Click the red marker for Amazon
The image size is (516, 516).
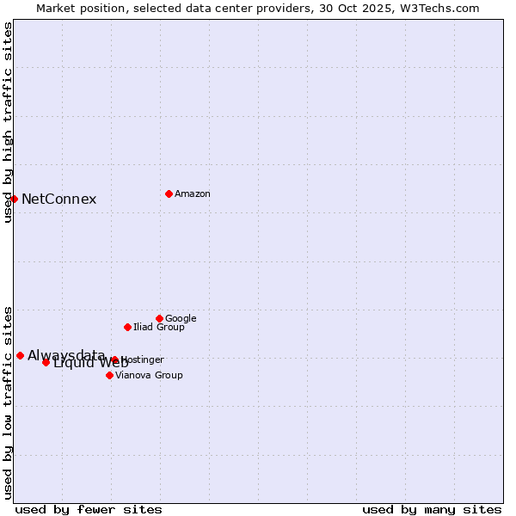[169, 193]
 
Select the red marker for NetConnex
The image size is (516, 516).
[14, 199]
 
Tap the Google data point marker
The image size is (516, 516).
[159, 318]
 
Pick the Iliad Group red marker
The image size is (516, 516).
[127, 327]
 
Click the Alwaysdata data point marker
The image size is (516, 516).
[20, 355]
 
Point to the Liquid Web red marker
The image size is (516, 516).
[46, 362]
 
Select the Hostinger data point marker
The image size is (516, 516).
[114, 359]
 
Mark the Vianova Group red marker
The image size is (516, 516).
[109, 375]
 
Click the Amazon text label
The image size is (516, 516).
[193, 194]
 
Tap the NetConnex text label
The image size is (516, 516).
[58, 200]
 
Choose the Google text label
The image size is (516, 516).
[181, 319]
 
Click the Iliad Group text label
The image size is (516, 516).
[159, 328]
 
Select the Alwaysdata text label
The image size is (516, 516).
[66, 355]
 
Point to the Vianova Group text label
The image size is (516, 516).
[149, 376]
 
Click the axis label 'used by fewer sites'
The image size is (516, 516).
[89, 510]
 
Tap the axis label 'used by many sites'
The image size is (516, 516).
[432, 510]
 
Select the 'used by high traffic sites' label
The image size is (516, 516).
[8, 122]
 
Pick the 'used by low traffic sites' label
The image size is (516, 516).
[8, 402]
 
